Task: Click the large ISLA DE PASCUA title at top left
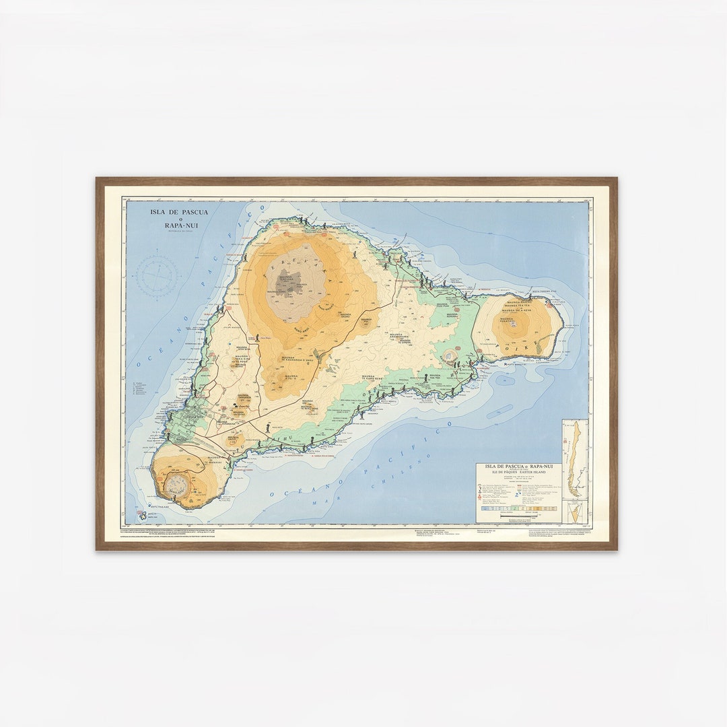pos(179,212)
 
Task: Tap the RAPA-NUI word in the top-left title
pos(179,226)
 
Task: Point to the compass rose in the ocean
pos(158,276)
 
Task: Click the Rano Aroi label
pos(301,329)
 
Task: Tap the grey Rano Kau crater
pos(178,484)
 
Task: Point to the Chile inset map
pos(575,458)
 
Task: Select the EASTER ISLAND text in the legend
pos(534,473)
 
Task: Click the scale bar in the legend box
pos(518,514)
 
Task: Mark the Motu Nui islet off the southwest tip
pos(143,515)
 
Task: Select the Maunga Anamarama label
pos(400,335)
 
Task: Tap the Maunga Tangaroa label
pos(243,397)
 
